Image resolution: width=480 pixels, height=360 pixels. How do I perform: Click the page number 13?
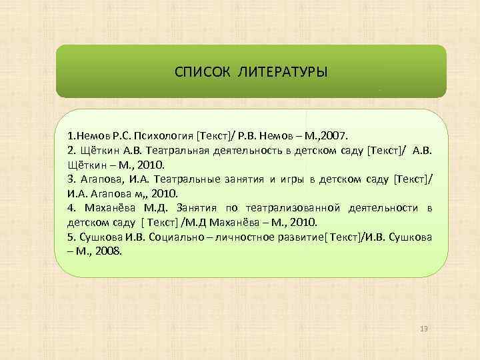[x=425, y=330]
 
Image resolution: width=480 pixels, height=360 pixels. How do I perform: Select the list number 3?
[x=71, y=179]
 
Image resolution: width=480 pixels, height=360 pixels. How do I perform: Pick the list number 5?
[x=71, y=237]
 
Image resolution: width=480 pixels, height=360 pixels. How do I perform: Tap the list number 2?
[x=71, y=151]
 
